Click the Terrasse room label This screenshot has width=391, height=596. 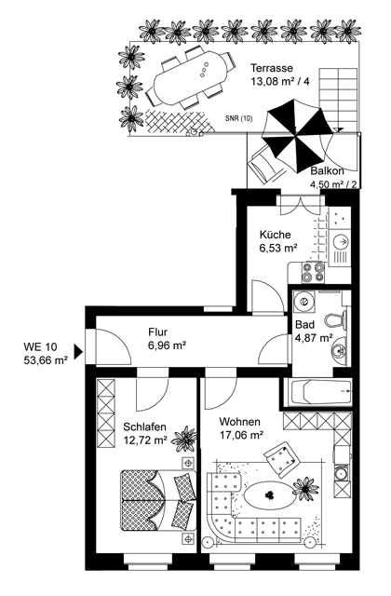tap(272, 68)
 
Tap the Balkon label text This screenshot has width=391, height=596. tap(328, 171)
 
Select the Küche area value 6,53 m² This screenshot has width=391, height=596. tap(278, 249)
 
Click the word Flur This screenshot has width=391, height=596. tap(157, 332)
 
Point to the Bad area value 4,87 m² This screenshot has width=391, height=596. tap(315, 337)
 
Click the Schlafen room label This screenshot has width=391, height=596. tap(145, 427)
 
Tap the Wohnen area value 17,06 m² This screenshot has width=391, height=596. tap(242, 435)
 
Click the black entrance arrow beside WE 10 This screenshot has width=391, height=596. tap(78, 352)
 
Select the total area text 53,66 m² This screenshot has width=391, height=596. tap(46, 359)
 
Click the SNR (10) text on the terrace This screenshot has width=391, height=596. tap(238, 119)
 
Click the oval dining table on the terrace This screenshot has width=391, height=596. tap(190, 78)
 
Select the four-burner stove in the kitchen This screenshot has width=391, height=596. tap(313, 272)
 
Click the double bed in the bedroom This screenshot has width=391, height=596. tap(157, 500)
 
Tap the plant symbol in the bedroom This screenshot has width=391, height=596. tap(184, 439)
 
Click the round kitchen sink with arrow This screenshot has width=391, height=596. tap(341, 242)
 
